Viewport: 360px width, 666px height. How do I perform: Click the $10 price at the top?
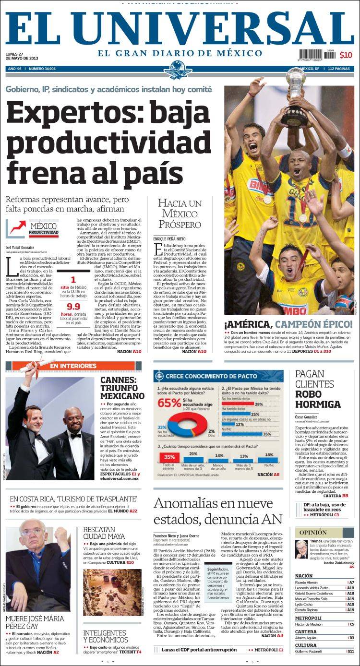point(346,55)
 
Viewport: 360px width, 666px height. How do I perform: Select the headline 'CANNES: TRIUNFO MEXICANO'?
point(122,388)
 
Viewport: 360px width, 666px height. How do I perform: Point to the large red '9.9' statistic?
point(73,307)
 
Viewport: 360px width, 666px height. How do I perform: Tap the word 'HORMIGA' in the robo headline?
point(318,404)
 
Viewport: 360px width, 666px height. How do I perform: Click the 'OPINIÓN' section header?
point(313,533)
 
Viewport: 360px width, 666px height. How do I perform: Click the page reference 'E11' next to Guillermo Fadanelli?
point(351,651)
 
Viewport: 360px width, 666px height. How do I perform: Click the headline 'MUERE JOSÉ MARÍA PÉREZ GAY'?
point(35,622)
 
